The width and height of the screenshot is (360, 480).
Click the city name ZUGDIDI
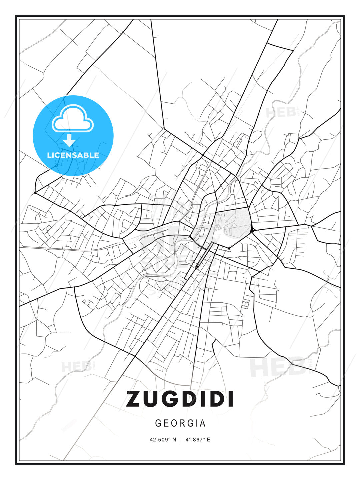click(x=180, y=399)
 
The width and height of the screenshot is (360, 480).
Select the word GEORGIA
click(x=180, y=423)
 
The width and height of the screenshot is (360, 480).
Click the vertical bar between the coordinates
click(x=180, y=440)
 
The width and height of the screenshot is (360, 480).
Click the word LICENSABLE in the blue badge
click(x=73, y=155)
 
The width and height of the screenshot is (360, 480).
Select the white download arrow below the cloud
click(x=69, y=140)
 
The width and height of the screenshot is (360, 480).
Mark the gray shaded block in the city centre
click(x=237, y=224)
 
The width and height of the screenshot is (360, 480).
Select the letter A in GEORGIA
click(x=203, y=423)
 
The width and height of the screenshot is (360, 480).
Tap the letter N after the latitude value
click(x=174, y=440)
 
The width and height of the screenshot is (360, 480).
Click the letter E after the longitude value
click(x=208, y=440)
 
